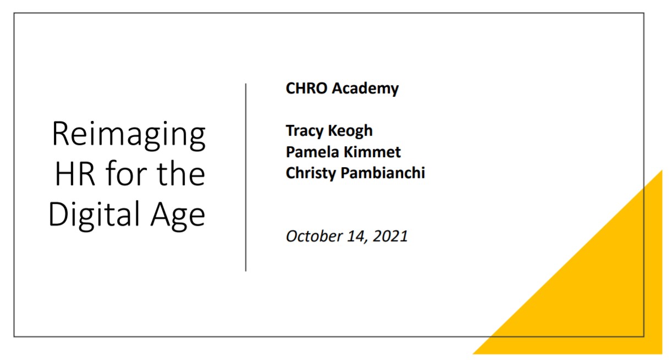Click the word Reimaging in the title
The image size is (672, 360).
click(129, 135)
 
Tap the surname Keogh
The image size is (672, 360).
click(350, 131)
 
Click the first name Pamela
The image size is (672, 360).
click(312, 152)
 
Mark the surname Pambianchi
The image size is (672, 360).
click(383, 173)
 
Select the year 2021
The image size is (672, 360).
click(390, 236)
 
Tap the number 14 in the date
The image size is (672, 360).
click(357, 237)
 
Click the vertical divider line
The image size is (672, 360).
click(246, 178)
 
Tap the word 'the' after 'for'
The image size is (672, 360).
click(181, 173)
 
